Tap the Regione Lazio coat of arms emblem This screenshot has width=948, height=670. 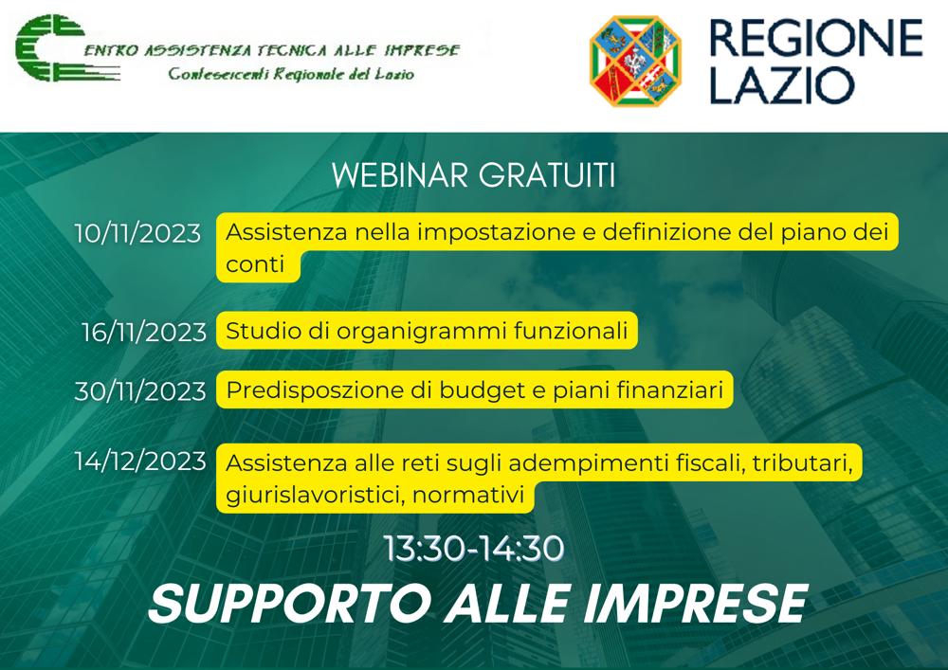tap(635, 61)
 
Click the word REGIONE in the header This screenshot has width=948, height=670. tap(816, 38)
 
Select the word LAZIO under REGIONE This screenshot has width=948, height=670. tap(781, 85)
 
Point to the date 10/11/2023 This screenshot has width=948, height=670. tap(137, 233)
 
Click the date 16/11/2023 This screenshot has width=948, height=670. tap(144, 333)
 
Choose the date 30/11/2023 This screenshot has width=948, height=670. tap(140, 391)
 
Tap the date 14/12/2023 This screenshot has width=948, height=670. tap(140, 462)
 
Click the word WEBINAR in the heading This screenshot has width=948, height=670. tap(400, 176)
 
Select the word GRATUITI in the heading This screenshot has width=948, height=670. tap(547, 176)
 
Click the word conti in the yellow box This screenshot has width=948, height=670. tap(254, 264)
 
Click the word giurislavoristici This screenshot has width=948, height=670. tap(316, 496)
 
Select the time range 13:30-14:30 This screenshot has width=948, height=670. tap(474, 549)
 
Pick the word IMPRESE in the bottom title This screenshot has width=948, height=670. tap(695, 604)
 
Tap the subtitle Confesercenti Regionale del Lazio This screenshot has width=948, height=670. tap(291, 74)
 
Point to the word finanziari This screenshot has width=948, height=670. tap(669, 390)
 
